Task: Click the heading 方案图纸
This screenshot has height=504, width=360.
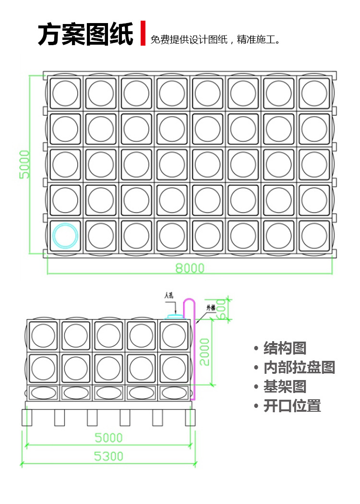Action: click(85, 34)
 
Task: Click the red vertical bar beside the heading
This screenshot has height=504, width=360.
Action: click(143, 33)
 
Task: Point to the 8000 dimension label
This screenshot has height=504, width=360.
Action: click(190, 268)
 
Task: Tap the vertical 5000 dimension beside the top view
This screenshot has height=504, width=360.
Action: click(24, 164)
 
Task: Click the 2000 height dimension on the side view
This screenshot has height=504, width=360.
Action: click(205, 352)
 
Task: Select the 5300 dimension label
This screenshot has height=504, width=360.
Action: click(108, 456)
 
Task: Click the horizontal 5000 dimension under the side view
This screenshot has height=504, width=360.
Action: click(108, 438)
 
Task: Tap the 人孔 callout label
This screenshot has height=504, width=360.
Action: click(168, 295)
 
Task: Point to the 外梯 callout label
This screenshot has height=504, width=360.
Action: click(211, 308)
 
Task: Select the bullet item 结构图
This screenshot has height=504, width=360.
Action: click(284, 348)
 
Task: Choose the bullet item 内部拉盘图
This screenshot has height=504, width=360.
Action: click(299, 368)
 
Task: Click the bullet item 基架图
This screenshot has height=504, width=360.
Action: click(284, 387)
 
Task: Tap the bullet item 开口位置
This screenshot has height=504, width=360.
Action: click(291, 406)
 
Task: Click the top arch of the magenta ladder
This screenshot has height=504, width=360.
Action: click(190, 300)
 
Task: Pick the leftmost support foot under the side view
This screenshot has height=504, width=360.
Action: click(27, 417)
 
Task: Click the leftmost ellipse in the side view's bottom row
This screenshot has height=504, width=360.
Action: click(43, 393)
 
